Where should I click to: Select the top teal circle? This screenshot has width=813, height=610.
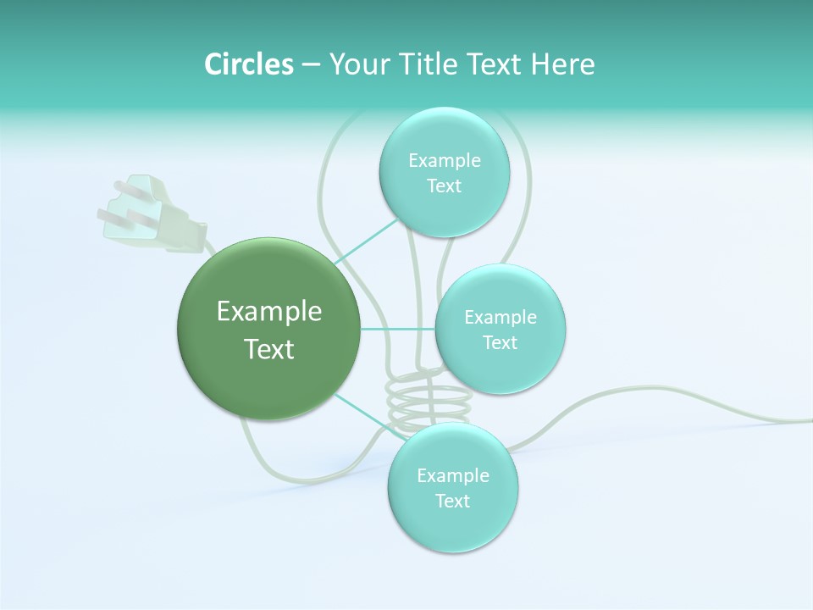point(444,172)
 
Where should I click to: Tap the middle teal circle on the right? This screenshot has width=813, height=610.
point(500,329)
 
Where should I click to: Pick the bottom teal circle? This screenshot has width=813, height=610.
point(452,488)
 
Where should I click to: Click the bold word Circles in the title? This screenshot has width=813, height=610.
point(248,64)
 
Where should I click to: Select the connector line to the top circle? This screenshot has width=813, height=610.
point(366,241)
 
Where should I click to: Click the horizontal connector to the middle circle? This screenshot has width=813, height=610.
point(397,329)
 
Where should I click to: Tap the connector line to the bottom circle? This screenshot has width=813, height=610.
point(366,414)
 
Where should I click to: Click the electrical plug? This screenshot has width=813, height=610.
point(161,216)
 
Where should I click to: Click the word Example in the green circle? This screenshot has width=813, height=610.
point(268,312)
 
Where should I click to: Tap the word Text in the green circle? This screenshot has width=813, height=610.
point(268,349)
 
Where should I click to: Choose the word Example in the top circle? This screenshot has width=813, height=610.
point(444,160)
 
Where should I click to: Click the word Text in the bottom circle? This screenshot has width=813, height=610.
point(452,501)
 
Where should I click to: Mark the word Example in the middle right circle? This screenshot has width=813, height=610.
point(500,317)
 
